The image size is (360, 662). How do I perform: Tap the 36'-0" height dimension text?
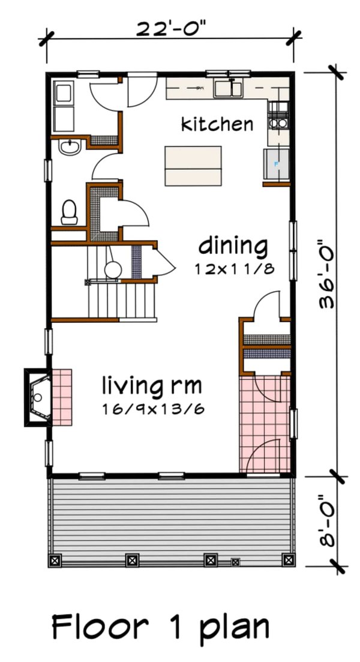click(x=329, y=272)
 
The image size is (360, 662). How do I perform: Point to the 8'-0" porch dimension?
click(x=328, y=520)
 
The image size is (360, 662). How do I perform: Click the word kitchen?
click(x=217, y=124)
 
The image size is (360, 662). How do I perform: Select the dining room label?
click(x=233, y=246)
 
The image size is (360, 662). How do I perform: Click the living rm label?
click(x=151, y=384)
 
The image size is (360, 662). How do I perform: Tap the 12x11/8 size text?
click(x=234, y=269)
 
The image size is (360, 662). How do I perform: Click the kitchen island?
click(x=193, y=166)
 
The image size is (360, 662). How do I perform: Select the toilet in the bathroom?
click(x=70, y=211)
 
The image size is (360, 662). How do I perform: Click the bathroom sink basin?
click(x=70, y=147)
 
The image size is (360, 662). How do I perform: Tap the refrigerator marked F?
click(x=276, y=164)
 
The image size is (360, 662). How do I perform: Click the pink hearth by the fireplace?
click(x=61, y=397)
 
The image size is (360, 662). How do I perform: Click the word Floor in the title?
click(x=100, y=627)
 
